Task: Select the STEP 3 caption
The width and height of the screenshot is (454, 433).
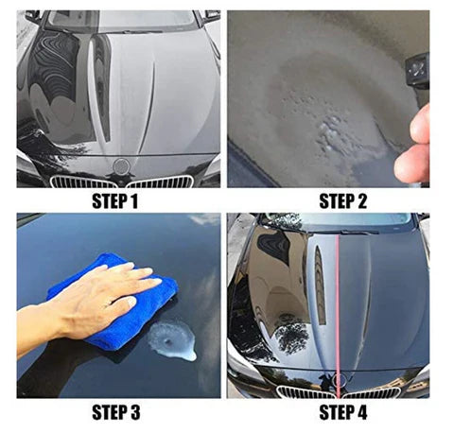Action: (x=113, y=412)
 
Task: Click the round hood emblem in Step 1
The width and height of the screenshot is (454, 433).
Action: (x=120, y=165)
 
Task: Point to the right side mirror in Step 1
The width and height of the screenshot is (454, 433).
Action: (x=211, y=16)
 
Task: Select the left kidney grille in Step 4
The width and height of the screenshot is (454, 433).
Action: (x=300, y=390)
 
